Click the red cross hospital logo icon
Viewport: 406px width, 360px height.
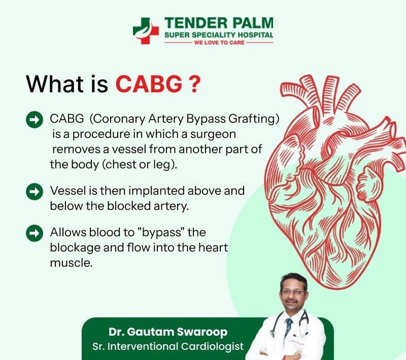point(146,31)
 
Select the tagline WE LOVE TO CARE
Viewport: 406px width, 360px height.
point(219,43)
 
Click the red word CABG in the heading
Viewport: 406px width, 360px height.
point(149,84)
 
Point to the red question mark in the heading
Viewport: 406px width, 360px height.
point(195,84)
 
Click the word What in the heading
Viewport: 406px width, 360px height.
point(55,84)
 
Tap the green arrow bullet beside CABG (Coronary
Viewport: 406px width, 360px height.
point(35,120)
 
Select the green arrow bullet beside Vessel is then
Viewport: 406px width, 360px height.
point(35,191)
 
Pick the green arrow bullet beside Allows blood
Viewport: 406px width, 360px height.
point(35,233)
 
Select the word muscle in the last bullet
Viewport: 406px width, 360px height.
point(71,263)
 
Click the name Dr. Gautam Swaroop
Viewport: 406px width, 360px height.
point(168,332)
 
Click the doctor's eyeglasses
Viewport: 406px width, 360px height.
point(293,292)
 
